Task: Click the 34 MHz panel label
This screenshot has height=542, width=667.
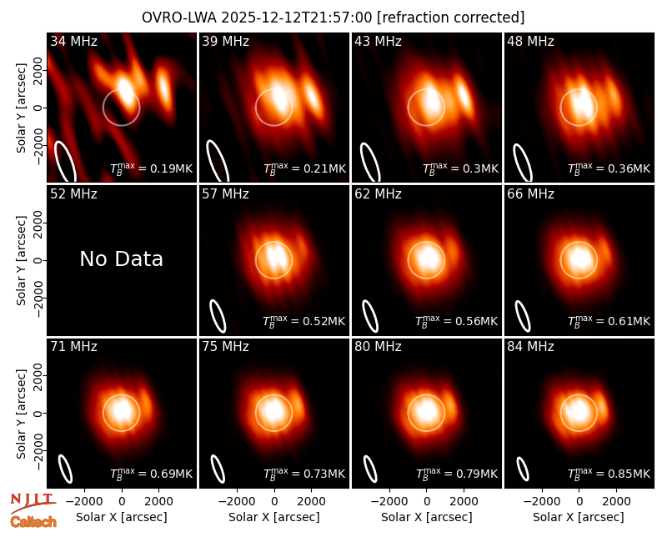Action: tap(73, 41)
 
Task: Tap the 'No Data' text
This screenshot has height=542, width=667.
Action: tap(121, 258)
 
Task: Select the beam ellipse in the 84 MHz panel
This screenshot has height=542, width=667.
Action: tap(523, 469)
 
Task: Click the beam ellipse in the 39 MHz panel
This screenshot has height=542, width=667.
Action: tap(218, 161)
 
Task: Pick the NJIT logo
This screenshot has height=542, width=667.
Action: tap(33, 503)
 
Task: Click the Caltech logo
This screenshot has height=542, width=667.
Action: tap(33, 522)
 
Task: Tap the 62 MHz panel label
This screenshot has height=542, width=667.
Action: tap(378, 194)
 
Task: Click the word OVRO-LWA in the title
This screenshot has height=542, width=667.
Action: tap(179, 18)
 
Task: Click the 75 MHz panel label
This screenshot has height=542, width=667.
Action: tap(225, 347)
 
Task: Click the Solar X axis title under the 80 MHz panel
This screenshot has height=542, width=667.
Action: tap(426, 517)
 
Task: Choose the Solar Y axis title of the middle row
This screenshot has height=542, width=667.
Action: tap(21, 260)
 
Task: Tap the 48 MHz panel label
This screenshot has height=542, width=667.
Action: tap(530, 41)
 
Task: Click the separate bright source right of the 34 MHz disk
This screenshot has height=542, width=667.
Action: tap(163, 88)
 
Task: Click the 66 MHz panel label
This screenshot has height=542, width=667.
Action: tap(530, 194)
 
